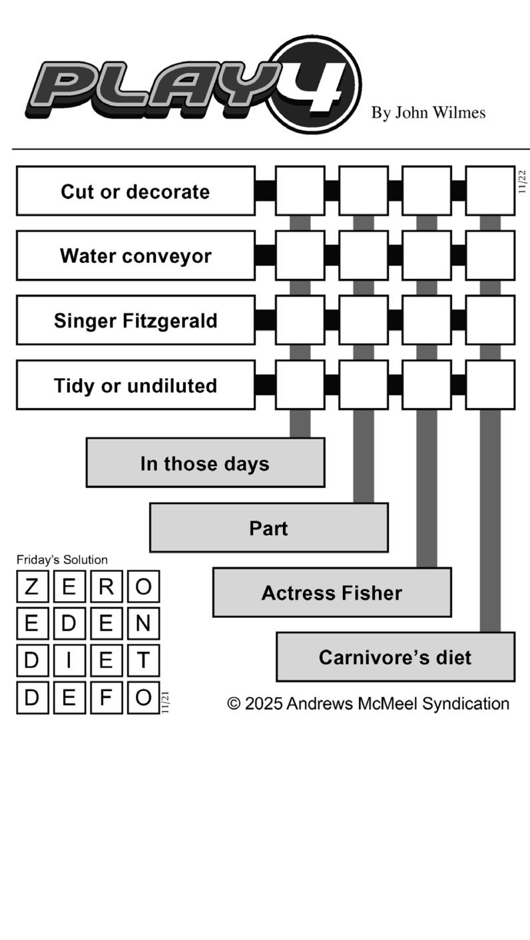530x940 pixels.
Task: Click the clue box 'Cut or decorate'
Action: [x=135, y=191]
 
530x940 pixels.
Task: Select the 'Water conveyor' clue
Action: [x=135, y=256]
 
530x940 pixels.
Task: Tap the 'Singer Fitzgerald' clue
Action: [x=135, y=320]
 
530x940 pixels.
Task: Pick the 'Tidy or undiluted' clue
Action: [x=135, y=385]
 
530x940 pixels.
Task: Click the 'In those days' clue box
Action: [x=205, y=463]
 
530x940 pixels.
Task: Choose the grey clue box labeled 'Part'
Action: [x=268, y=528]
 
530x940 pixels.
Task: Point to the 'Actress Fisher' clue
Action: [x=332, y=592]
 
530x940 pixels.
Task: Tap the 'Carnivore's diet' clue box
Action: [x=395, y=657]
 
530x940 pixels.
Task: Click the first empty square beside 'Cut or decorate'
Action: [x=300, y=191]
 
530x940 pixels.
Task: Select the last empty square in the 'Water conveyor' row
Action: [x=490, y=256]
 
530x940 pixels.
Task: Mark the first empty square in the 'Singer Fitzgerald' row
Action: [x=300, y=320]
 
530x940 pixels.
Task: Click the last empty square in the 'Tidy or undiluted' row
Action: [x=490, y=385]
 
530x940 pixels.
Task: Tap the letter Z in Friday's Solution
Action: [x=32, y=587]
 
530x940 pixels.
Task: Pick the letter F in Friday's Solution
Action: [x=106, y=698]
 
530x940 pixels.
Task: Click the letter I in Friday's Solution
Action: [x=69, y=661]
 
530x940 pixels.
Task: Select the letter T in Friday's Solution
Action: [x=143, y=661]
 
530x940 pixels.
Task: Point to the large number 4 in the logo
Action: [x=316, y=85]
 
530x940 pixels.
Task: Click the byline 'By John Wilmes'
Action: [x=428, y=113]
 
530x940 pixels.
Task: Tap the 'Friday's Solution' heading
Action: [x=62, y=560]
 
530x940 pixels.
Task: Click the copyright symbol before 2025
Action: [x=234, y=704]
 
